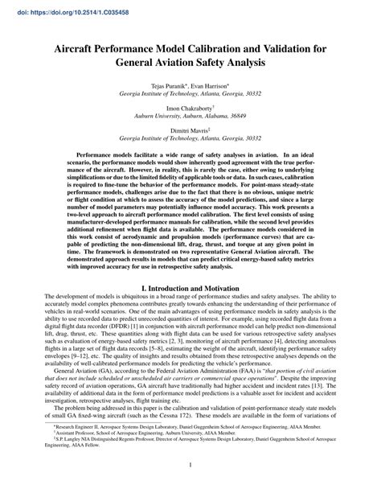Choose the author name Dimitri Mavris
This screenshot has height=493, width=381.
point(189,129)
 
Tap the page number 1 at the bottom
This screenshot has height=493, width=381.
point(190,464)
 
